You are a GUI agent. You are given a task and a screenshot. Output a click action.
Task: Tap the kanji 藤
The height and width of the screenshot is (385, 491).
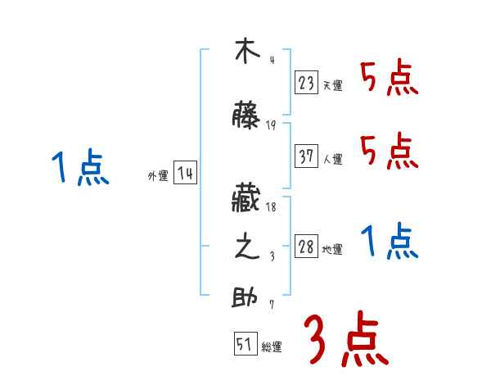[x=246, y=116]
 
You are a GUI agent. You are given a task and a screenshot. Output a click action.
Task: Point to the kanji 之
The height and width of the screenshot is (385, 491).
[x=246, y=248]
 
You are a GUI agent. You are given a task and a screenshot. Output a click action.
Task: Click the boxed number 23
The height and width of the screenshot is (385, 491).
[x=307, y=82]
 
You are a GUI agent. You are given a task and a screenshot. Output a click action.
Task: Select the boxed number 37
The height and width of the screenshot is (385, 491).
[x=307, y=156]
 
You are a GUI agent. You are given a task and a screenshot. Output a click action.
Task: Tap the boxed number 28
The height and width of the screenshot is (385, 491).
[x=307, y=247]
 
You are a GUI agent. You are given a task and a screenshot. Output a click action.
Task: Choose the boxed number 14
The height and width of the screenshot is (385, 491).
[x=185, y=174]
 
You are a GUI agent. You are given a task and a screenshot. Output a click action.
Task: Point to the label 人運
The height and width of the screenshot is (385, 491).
[x=332, y=160]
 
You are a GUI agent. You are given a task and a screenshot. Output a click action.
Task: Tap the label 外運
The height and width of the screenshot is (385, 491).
[x=157, y=176]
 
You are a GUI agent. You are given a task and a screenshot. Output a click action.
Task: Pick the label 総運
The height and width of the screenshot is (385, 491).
[x=272, y=347]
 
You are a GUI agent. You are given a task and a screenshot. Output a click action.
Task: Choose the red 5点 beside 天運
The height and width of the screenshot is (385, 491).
[x=390, y=78]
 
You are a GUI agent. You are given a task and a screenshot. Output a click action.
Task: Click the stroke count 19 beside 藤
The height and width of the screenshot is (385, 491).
[x=271, y=125]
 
